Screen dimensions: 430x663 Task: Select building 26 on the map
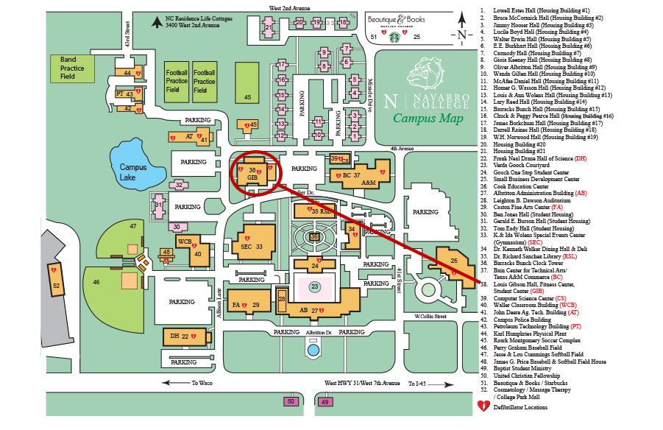tap(450, 263)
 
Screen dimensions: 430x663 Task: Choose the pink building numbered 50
tap(291, 401)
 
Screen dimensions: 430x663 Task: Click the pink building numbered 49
tap(325, 401)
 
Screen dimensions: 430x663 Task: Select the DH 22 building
tap(180, 336)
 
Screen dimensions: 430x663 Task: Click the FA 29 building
tap(247, 303)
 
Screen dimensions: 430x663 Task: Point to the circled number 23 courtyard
tap(314, 287)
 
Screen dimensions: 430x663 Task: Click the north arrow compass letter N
tap(461, 34)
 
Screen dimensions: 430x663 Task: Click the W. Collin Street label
tap(430, 317)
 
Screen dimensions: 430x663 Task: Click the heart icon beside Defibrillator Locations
tap(483, 405)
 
